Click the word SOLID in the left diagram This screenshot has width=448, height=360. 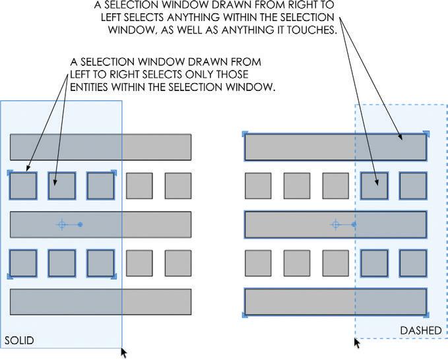(x=19, y=340)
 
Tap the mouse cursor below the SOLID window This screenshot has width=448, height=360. (x=123, y=353)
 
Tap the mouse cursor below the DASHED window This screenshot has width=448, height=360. (x=357, y=342)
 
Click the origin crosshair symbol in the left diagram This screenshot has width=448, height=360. (x=62, y=225)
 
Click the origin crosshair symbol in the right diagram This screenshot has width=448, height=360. (x=335, y=225)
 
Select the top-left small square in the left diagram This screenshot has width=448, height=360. (x=22, y=186)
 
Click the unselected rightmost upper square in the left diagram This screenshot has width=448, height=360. (x=178, y=186)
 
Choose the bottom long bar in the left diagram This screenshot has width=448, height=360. (x=100, y=302)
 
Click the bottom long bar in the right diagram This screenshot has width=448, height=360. (x=335, y=302)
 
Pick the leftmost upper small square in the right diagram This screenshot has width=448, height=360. (x=258, y=186)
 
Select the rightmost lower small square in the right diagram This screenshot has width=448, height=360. (x=413, y=263)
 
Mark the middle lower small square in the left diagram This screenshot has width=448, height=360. (x=61, y=263)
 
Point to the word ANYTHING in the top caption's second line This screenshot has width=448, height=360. (x=187, y=17)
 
